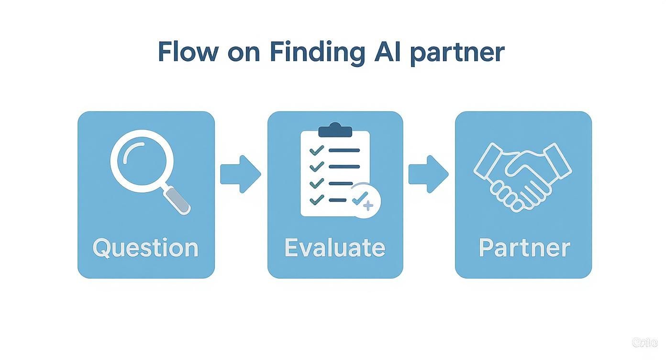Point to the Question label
click(x=145, y=248)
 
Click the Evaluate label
click(x=334, y=247)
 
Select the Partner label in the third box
click(x=524, y=247)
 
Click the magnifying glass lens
click(x=139, y=163)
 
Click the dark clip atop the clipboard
click(x=335, y=130)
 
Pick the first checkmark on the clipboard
click(x=316, y=151)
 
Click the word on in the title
click(x=244, y=53)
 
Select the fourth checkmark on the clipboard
click(x=316, y=200)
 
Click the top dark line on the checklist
click(x=344, y=150)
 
